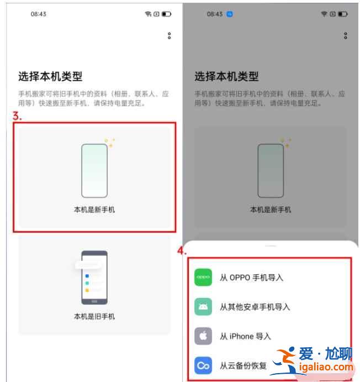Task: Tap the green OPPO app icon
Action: (x=203, y=278)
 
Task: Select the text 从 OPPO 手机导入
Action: (x=252, y=278)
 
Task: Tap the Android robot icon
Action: (x=203, y=307)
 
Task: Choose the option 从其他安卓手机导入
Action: (x=255, y=307)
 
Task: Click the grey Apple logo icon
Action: (x=203, y=336)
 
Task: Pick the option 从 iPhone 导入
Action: (x=246, y=337)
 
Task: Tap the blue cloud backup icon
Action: (x=203, y=365)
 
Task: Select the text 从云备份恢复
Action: (x=243, y=365)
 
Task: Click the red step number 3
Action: (x=17, y=116)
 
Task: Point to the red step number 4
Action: (x=182, y=250)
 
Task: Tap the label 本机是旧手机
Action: (x=94, y=316)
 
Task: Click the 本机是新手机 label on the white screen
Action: (x=94, y=210)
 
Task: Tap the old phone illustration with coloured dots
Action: (x=94, y=278)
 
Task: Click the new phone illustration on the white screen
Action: (x=94, y=170)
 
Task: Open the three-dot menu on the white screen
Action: (x=170, y=35)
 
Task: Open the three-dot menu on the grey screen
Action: (x=346, y=35)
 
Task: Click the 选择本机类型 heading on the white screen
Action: (x=50, y=76)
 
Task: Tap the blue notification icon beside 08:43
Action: (x=229, y=14)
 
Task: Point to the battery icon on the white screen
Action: (x=167, y=14)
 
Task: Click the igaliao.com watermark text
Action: (x=326, y=367)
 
